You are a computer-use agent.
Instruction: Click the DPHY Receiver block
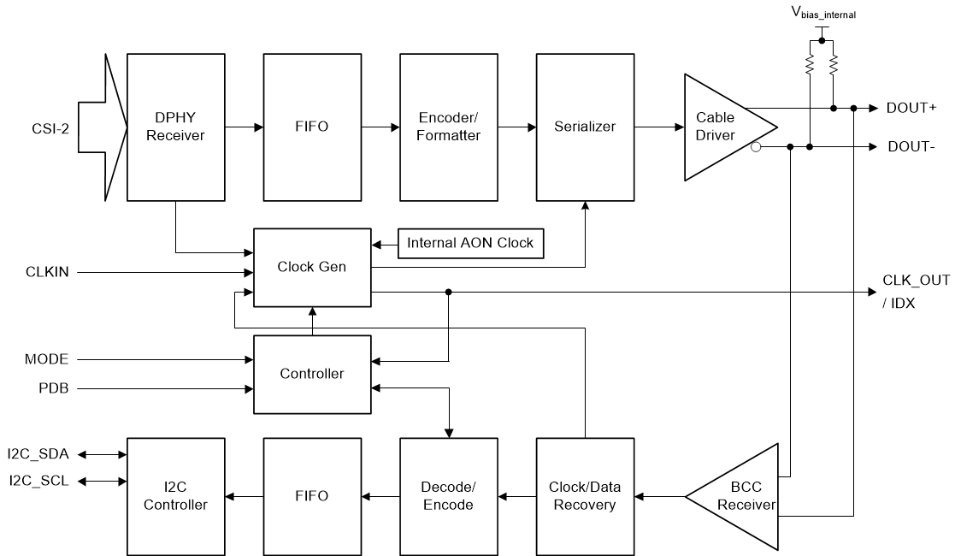pyautogui.click(x=176, y=127)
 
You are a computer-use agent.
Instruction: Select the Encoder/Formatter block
pyautogui.click(x=449, y=127)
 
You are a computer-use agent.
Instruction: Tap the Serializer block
pyautogui.click(x=586, y=127)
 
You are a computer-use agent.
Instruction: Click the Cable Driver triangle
pyautogui.click(x=723, y=127)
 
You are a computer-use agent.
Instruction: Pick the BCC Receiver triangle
pyautogui.click(x=739, y=496)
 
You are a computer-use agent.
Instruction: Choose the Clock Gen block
pyautogui.click(x=312, y=267)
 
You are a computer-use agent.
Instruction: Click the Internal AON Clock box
pyautogui.click(x=471, y=244)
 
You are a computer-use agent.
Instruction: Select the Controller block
pyautogui.click(x=312, y=374)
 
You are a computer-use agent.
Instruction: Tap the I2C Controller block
pyautogui.click(x=176, y=496)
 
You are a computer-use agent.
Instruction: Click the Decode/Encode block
pyautogui.click(x=449, y=496)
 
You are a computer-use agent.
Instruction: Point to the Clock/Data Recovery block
pyautogui.click(x=586, y=496)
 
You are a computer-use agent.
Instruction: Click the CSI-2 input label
pyautogui.click(x=50, y=128)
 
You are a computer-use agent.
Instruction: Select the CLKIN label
pyautogui.click(x=47, y=271)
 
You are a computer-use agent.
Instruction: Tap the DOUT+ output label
pyautogui.click(x=911, y=108)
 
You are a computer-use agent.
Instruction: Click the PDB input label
pyautogui.click(x=53, y=388)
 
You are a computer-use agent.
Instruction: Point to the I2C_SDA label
pyautogui.click(x=38, y=454)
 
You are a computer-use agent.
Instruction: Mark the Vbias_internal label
pyautogui.click(x=823, y=12)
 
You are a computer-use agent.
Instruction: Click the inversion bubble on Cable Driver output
pyautogui.click(x=756, y=147)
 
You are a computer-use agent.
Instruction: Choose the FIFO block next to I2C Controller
pyautogui.click(x=313, y=496)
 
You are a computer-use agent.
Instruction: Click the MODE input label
pyautogui.click(x=46, y=359)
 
